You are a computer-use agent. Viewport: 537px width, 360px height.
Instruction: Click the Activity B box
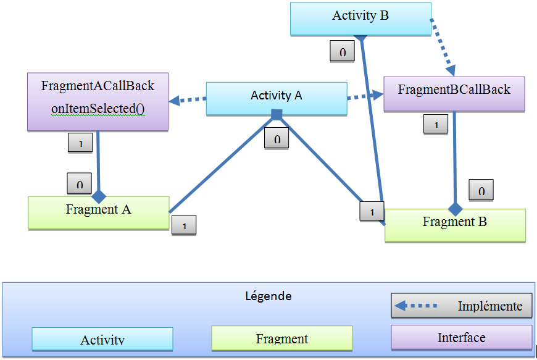[x=360, y=17]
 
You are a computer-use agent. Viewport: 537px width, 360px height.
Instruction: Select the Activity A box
[x=276, y=97]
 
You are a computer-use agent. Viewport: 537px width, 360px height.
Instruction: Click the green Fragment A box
[x=99, y=212]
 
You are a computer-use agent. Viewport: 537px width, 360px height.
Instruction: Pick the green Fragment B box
[x=455, y=224]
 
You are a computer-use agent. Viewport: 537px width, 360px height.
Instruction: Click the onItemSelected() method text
[x=98, y=109]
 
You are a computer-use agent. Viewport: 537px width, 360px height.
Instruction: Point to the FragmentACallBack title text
[x=98, y=86]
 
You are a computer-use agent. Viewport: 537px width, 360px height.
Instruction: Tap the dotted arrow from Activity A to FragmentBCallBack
[x=365, y=96]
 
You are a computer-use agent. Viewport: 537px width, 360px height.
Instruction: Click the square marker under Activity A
[x=277, y=114]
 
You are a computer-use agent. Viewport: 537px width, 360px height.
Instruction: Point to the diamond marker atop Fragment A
[x=99, y=197]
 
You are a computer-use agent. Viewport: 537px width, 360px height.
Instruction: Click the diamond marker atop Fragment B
[x=455, y=209]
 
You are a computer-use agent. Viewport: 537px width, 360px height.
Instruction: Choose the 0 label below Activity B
[x=343, y=52]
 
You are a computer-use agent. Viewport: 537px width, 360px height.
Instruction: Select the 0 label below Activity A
[x=277, y=138]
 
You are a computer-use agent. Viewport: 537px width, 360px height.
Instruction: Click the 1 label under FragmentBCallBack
[x=436, y=124]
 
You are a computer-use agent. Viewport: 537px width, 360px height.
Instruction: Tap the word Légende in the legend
[x=268, y=296]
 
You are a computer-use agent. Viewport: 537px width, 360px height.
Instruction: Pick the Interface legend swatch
[x=461, y=338]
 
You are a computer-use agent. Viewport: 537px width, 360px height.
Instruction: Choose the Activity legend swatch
[x=102, y=339]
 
